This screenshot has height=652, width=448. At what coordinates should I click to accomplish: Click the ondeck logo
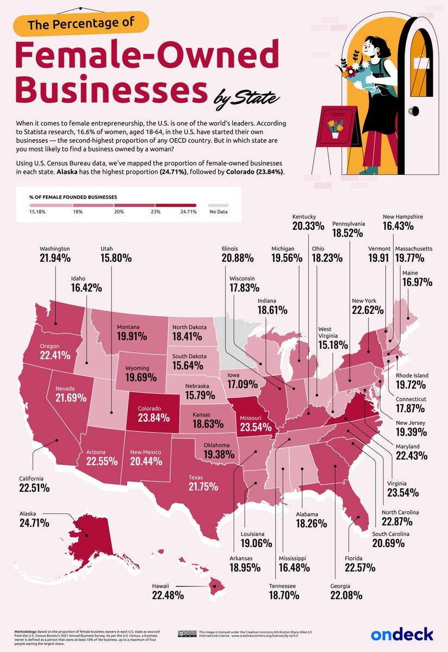pos(402,634)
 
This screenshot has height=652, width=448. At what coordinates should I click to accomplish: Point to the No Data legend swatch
pos(223,206)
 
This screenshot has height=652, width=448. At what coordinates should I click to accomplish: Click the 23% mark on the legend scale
pos(156,212)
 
